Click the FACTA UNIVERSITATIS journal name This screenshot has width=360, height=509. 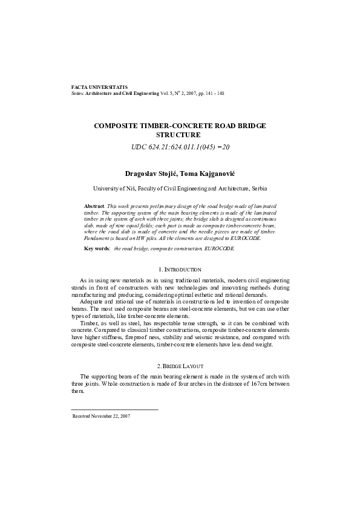coord(99,88)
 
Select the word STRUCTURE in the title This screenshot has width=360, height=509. coord(180,134)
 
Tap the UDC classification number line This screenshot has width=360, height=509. coord(180,147)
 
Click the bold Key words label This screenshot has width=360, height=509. coord(97,248)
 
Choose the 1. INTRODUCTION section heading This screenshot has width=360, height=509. coord(180,268)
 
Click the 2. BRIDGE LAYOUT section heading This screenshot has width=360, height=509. coord(180,367)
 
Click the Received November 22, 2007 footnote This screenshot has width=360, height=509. coord(101,416)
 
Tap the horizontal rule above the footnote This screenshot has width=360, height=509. coord(115,410)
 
